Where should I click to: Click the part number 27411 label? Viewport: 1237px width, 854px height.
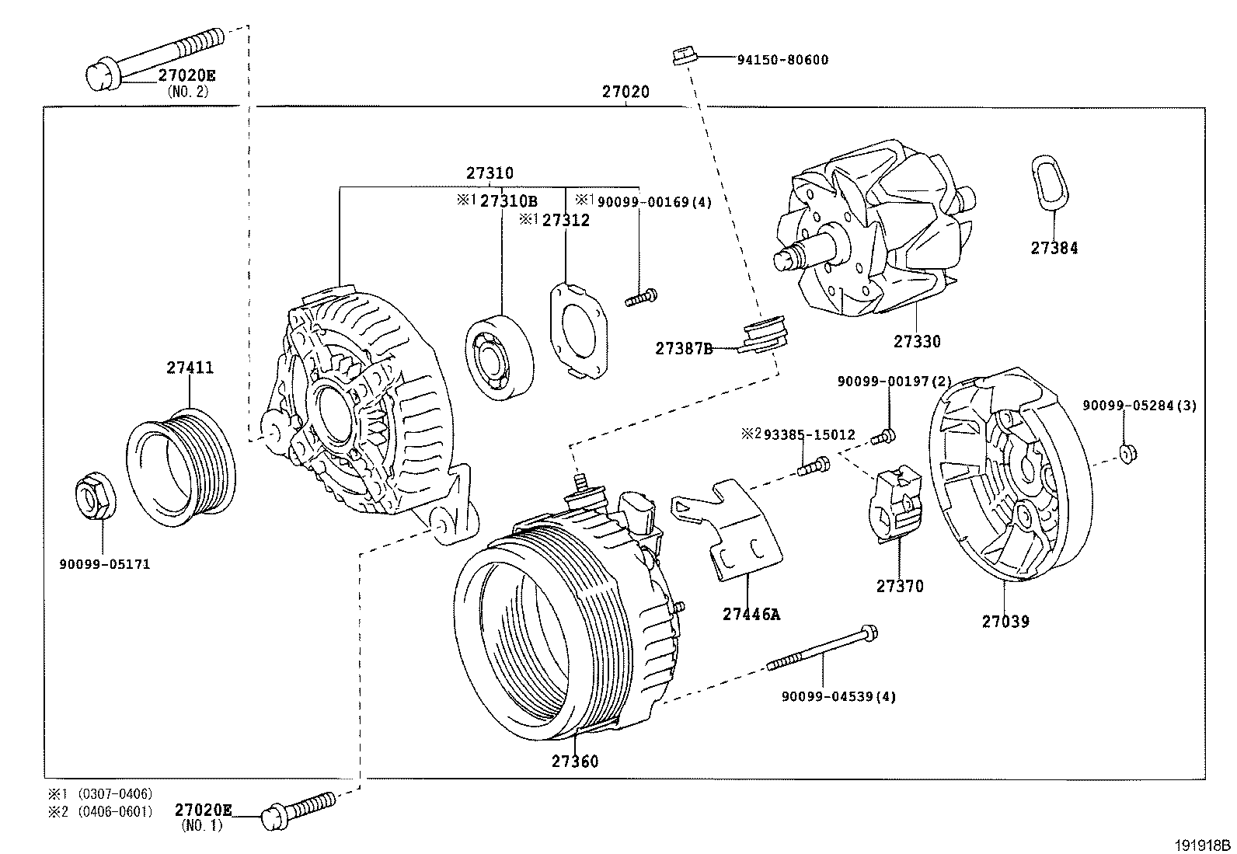pyautogui.click(x=189, y=368)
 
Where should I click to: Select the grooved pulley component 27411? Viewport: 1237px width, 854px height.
pyautogui.click(x=181, y=469)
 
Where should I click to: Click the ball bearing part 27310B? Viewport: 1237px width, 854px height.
pyautogui.click(x=500, y=356)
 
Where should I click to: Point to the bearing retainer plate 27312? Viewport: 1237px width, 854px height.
pyautogui.click(x=579, y=330)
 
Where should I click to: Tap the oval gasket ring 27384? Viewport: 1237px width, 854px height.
pyautogui.click(x=1051, y=183)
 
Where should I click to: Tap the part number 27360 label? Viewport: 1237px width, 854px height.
pyautogui.click(x=575, y=761)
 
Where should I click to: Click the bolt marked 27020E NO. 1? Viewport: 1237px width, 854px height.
pyautogui.click(x=299, y=807)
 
